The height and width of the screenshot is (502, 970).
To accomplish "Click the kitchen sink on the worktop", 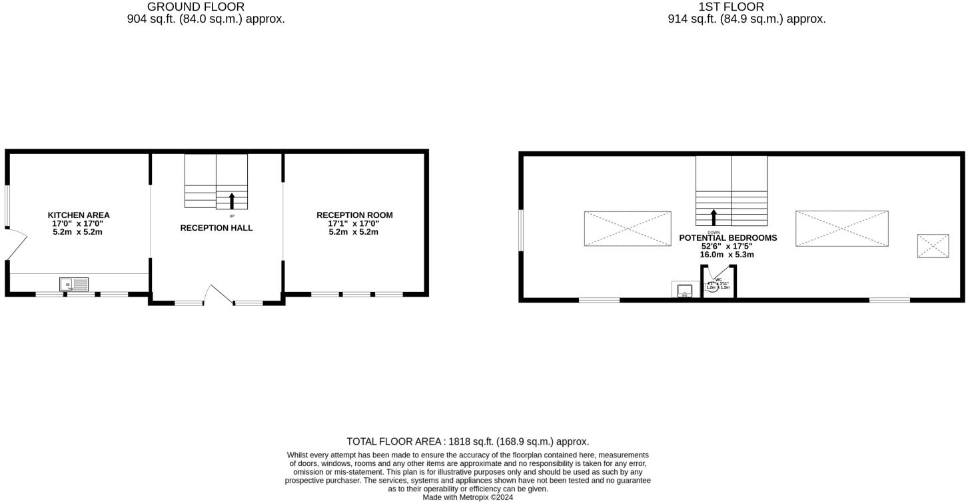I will click(74, 285).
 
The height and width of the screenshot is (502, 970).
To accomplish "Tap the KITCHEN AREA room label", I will click(79, 215).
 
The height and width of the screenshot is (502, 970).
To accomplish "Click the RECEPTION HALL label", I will click(217, 228).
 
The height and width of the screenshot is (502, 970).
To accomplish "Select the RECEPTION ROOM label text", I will click(354, 215).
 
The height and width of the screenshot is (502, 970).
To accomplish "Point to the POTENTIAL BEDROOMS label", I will click(727, 238).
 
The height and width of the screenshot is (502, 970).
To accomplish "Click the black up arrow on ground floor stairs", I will click(232, 200).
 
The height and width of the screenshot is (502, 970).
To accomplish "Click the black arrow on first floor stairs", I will click(714, 217).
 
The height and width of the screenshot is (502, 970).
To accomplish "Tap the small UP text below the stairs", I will click(232, 216).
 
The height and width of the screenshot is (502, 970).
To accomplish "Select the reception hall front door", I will click(220, 294).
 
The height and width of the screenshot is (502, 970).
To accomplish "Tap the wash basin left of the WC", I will click(684, 291).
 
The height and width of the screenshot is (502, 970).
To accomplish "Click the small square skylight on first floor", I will click(933, 246).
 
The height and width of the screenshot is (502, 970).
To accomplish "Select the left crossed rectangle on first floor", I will click(628, 229).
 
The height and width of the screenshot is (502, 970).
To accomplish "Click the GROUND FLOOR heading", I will click(196, 7).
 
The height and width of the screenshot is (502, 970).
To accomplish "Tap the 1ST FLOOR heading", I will click(731, 7).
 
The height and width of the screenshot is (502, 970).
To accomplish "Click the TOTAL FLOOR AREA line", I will click(468, 441).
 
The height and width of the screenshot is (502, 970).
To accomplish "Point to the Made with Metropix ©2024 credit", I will click(468, 497).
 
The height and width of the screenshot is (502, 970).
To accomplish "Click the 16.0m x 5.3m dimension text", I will click(726, 255).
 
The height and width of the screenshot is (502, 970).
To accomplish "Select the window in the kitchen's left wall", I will click(7, 206).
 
